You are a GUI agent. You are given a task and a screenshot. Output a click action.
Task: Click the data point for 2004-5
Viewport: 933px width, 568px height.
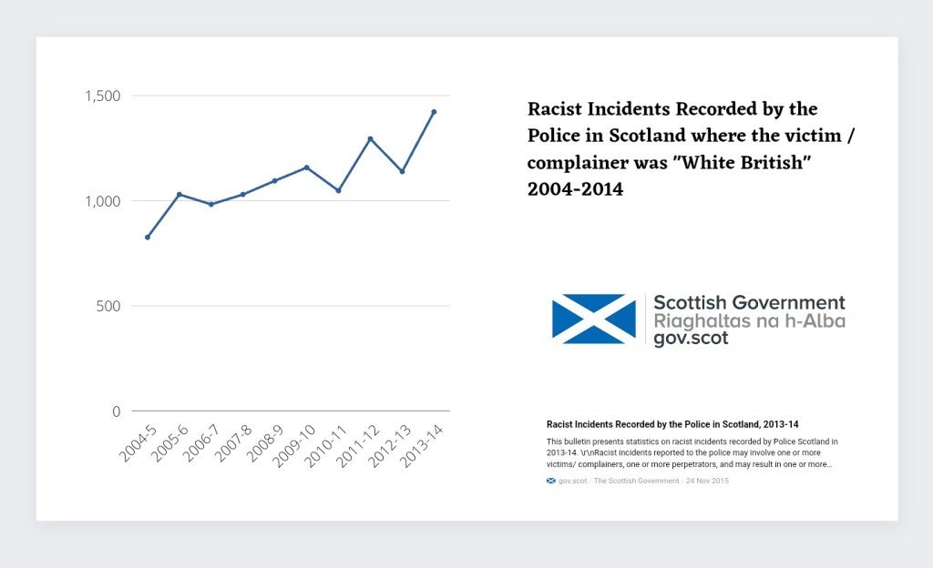coord(148,238)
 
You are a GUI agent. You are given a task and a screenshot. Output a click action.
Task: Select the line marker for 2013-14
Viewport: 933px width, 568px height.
coord(434,112)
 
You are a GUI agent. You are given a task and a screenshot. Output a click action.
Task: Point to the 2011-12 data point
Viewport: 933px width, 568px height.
coord(370,138)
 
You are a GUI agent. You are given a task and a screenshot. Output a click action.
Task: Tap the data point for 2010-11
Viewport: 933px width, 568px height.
coord(338,190)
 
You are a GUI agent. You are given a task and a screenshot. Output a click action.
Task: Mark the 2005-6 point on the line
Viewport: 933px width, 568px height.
coord(179,194)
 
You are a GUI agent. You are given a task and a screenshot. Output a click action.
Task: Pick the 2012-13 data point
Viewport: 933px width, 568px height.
coord(402,172)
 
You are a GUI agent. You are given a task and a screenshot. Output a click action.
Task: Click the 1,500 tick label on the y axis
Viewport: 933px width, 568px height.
coord(102,96)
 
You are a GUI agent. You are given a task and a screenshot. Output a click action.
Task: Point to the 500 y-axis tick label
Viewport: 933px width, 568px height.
coord(108,306)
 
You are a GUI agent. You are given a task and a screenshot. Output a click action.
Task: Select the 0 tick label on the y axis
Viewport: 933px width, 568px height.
coord(116,411)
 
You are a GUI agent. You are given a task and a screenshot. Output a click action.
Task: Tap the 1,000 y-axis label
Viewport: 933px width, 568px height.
coord(102,201)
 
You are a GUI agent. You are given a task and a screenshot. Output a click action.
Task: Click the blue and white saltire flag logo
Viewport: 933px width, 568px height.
coord(594,319)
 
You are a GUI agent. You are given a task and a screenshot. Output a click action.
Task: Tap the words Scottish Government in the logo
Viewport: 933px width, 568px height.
coord(749,303)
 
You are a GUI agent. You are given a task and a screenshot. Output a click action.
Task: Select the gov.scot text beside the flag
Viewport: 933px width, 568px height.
coord(691,339)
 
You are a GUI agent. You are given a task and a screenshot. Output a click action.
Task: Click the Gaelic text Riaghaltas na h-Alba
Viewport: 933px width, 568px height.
coord(749,321)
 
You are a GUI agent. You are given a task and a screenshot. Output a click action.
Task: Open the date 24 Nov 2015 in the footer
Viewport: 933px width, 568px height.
coord(707,481)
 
